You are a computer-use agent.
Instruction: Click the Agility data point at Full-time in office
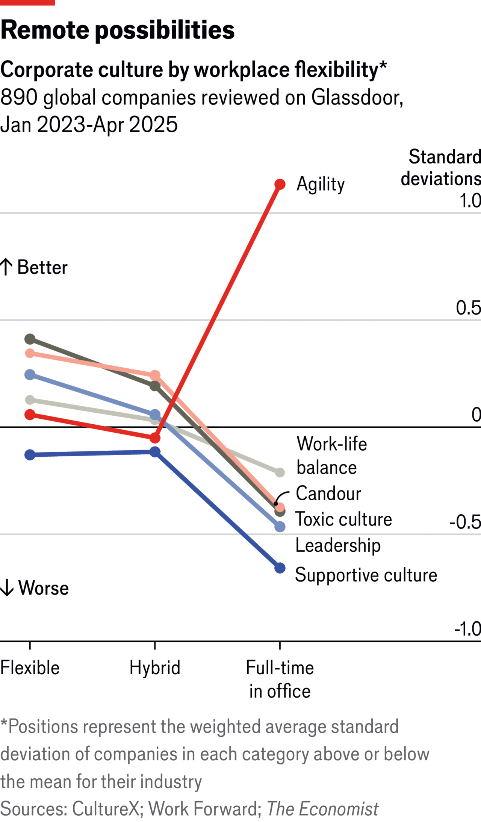[280, 184]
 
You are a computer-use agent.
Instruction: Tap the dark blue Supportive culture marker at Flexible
[30, 455]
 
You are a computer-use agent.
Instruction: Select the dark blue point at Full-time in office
[280, 568]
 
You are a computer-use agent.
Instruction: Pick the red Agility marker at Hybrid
[155, 438]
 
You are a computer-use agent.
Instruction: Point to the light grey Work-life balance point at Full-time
[280, 472]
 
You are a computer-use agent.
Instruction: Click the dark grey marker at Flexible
[30, 339]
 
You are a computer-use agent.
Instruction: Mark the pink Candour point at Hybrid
[155, 375]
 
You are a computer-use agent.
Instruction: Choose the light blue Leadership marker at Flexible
[30, 375]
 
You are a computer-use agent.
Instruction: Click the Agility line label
[321, 184]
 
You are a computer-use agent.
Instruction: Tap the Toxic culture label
[343, 519]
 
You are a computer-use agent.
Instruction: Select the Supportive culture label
[366, 575]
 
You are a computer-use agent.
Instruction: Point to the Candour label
[328, 494]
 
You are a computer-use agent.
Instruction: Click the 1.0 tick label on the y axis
[470, 201]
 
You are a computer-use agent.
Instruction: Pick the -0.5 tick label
[465, 522]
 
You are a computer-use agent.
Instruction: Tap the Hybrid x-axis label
[155, 668]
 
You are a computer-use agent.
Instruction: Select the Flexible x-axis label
[30, 668]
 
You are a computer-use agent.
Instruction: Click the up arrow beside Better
[6, 267]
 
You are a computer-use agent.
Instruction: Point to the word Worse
[44, 588]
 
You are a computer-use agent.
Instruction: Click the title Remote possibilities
[117, 30]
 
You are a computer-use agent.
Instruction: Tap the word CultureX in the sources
[106, 809]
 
